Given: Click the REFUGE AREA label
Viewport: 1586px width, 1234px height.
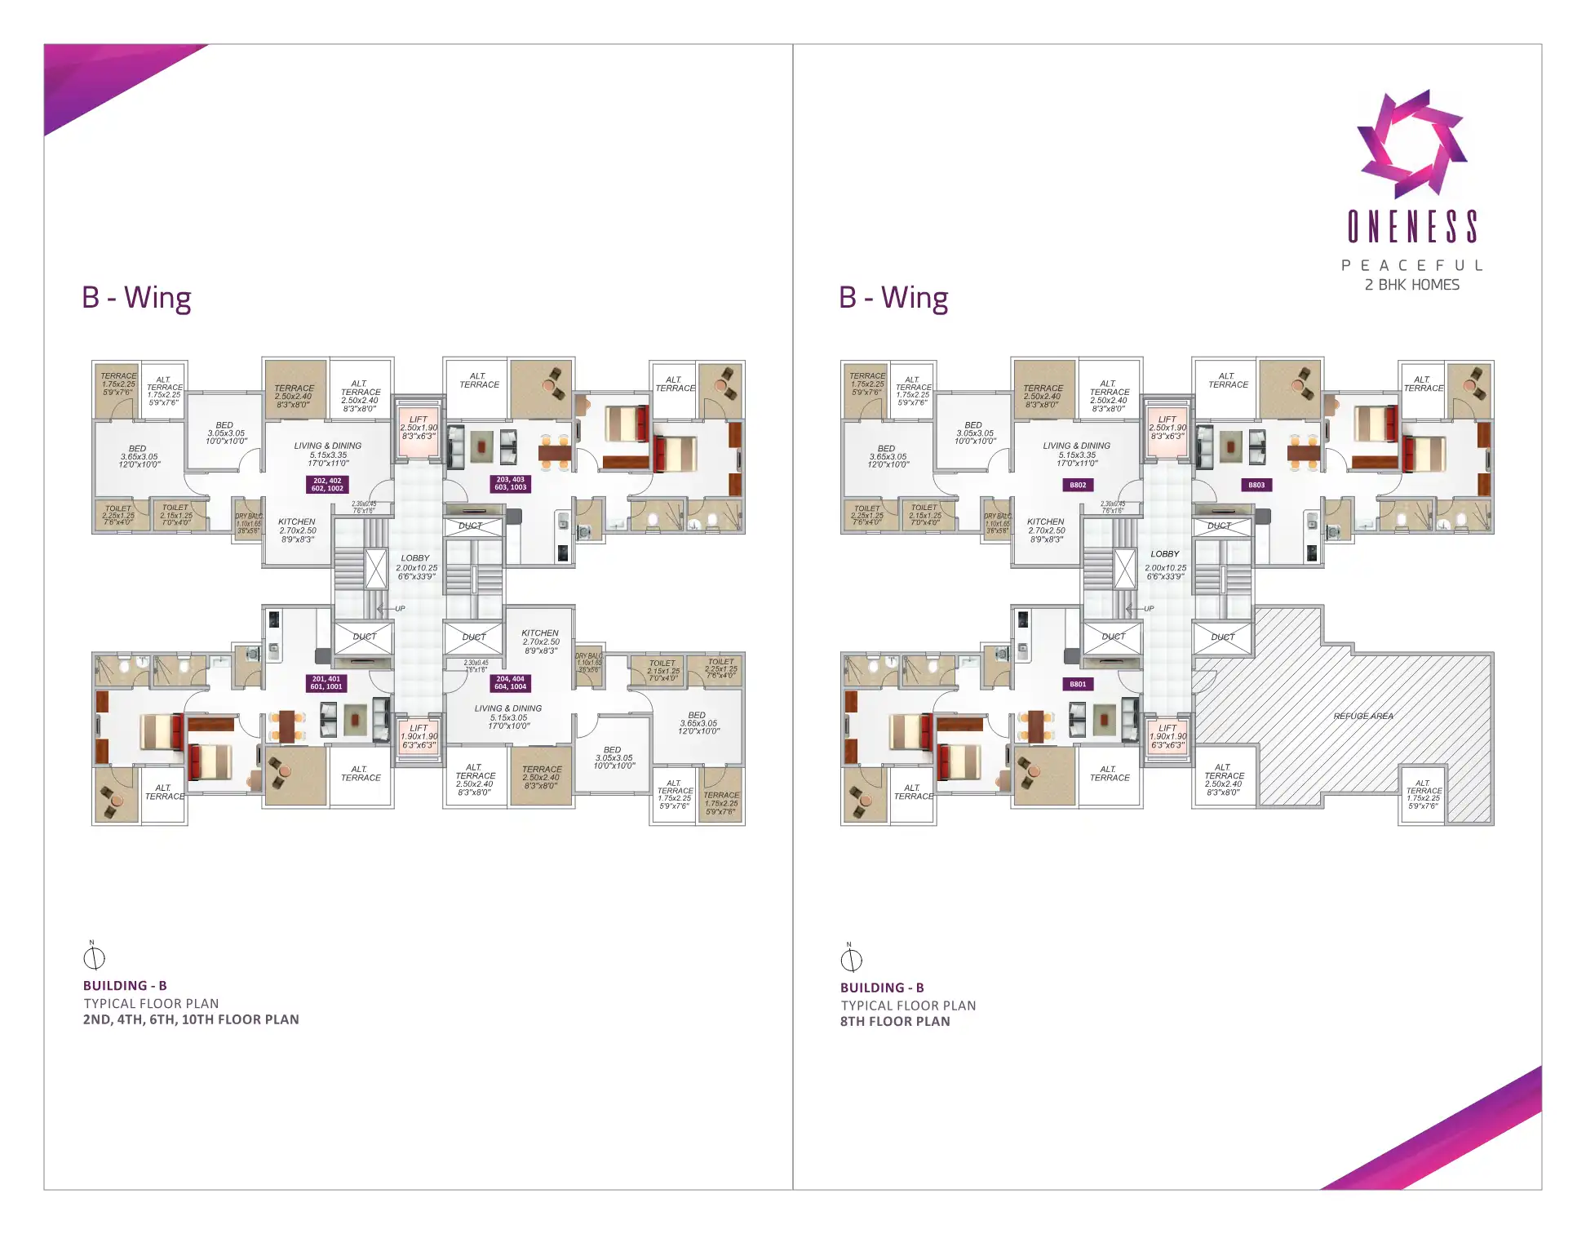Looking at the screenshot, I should coord(1362,716).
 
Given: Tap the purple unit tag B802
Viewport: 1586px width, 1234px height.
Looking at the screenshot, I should coord(1078,485).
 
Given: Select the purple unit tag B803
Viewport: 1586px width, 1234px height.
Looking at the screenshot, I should coord(1256,485).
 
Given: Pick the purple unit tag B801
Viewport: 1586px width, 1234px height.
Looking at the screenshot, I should coord(1078,684).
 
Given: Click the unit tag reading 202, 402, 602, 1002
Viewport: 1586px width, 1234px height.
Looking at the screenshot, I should coord(327,484).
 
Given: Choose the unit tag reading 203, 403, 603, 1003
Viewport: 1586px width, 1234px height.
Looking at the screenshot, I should coord(511,483).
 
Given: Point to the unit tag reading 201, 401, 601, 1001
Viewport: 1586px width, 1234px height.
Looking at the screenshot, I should coord(326,682).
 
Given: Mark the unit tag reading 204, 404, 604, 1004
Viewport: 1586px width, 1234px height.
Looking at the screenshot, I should coord(510,682).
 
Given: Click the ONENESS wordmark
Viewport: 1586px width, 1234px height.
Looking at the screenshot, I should coord(1412,227).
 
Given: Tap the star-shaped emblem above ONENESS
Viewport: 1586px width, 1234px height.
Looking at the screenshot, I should coord(1411,144).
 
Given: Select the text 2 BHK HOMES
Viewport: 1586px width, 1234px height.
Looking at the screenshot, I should coord(1412,285).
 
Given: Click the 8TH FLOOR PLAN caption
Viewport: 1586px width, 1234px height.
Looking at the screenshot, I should coord(895,1021).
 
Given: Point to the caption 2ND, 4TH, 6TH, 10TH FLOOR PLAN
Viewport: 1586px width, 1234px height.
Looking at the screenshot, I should coord(191,1019).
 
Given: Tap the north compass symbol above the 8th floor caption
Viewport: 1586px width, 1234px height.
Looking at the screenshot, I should coord(851,959).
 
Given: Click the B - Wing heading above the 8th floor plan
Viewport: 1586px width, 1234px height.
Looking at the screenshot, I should coord(893,298).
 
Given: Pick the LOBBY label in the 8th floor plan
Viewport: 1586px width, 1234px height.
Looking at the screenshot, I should coord(1165,554).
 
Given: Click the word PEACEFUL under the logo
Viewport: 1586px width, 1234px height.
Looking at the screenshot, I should coord(1412,265).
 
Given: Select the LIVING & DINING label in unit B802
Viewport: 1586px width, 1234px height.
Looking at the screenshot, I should coord(1077,446).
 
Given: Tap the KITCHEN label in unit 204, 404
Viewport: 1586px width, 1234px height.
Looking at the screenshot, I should coord(540,633).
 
